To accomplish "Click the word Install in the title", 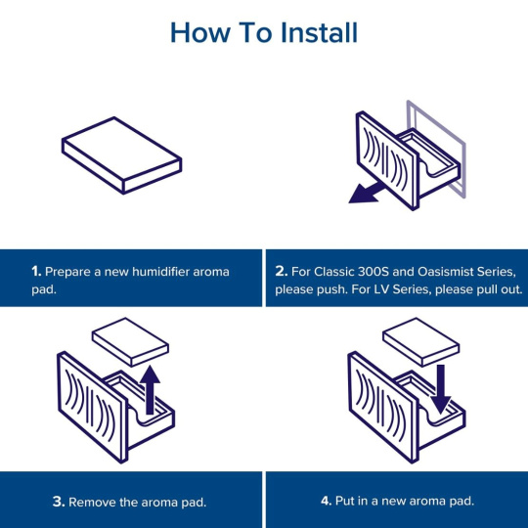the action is (319, 32).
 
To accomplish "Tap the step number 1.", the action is (36, 272).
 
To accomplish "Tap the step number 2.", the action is (282, 271).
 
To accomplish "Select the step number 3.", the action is (59, 502).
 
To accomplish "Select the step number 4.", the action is (326, 501).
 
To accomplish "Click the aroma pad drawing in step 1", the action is (121, 155).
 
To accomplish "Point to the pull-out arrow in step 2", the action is (367, 193).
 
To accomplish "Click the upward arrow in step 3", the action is (150, 390).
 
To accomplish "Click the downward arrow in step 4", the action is (440, 389).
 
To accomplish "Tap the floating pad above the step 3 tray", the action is (130, 342).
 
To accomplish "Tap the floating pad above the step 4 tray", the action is (421, 342).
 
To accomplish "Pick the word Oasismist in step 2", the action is (446, 271).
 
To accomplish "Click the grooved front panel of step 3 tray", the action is (92, 408).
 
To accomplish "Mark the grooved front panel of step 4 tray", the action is (383, 408).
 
